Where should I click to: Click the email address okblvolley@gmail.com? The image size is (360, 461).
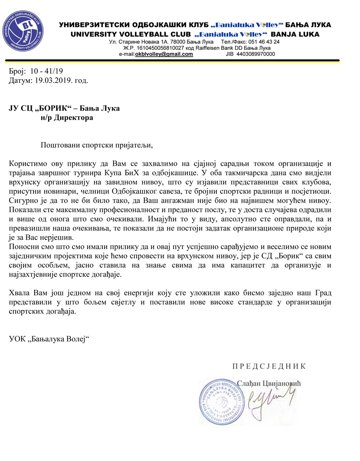(x=164, y=54)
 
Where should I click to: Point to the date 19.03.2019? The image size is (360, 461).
(x=52, y=80)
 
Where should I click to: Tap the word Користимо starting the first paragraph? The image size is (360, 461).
(x=27, y=163)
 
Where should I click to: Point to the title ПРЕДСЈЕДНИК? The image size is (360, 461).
(x=269, y=366)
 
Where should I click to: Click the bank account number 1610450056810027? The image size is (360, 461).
(x=160, y=48)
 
